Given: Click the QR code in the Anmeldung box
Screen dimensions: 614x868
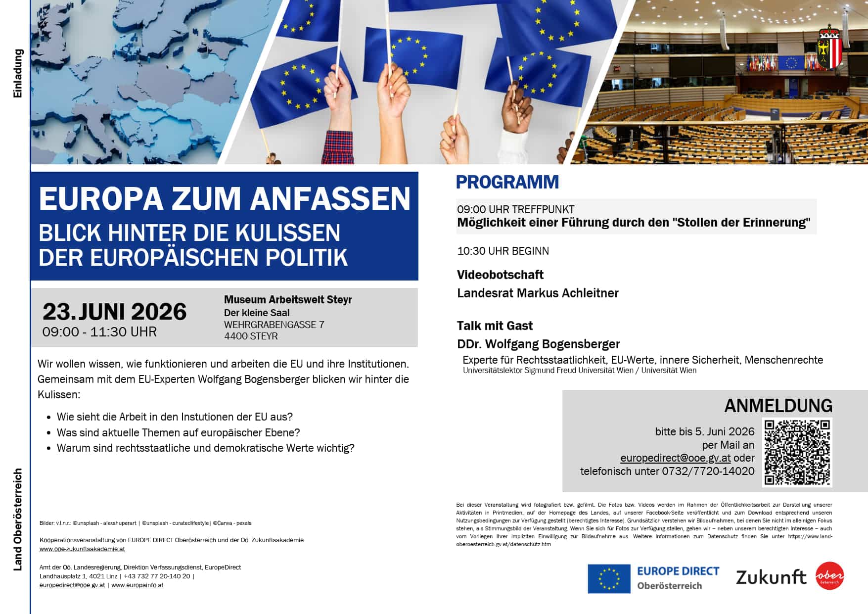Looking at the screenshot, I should coord(797,452).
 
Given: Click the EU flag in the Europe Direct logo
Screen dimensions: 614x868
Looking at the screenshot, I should coord(609,578).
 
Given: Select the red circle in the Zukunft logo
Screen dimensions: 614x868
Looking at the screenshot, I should coord(829,576).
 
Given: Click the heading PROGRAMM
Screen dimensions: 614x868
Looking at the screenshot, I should coord(507,182).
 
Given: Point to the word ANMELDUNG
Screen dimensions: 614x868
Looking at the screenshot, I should coord(778,406).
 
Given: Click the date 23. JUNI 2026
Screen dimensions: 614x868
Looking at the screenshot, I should coord(114,312).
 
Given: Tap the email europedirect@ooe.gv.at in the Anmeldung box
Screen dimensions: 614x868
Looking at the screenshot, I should coord(675,458).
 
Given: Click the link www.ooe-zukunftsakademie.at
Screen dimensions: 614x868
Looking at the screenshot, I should coord(82,549).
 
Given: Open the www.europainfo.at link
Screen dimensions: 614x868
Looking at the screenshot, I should coord(137,585).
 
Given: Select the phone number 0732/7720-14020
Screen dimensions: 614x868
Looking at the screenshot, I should coord(708,472).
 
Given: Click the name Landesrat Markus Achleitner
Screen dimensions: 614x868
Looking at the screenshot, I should coord(538,293).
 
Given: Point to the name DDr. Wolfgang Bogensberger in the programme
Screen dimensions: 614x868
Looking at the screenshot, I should coord(538,344).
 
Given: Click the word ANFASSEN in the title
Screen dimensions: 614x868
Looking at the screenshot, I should coord(330,199).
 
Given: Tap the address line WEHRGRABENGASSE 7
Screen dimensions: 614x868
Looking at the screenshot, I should coord(274,325).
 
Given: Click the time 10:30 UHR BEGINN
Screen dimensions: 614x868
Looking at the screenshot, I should coord(503,251).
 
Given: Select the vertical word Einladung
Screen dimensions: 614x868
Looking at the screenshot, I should coord(18,73).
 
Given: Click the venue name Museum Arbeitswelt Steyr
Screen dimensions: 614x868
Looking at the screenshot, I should coord(288,299).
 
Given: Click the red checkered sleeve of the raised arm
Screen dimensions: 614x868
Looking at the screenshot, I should coord(338,147).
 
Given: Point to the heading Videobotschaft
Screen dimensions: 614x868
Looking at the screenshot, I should coord(500,275).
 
